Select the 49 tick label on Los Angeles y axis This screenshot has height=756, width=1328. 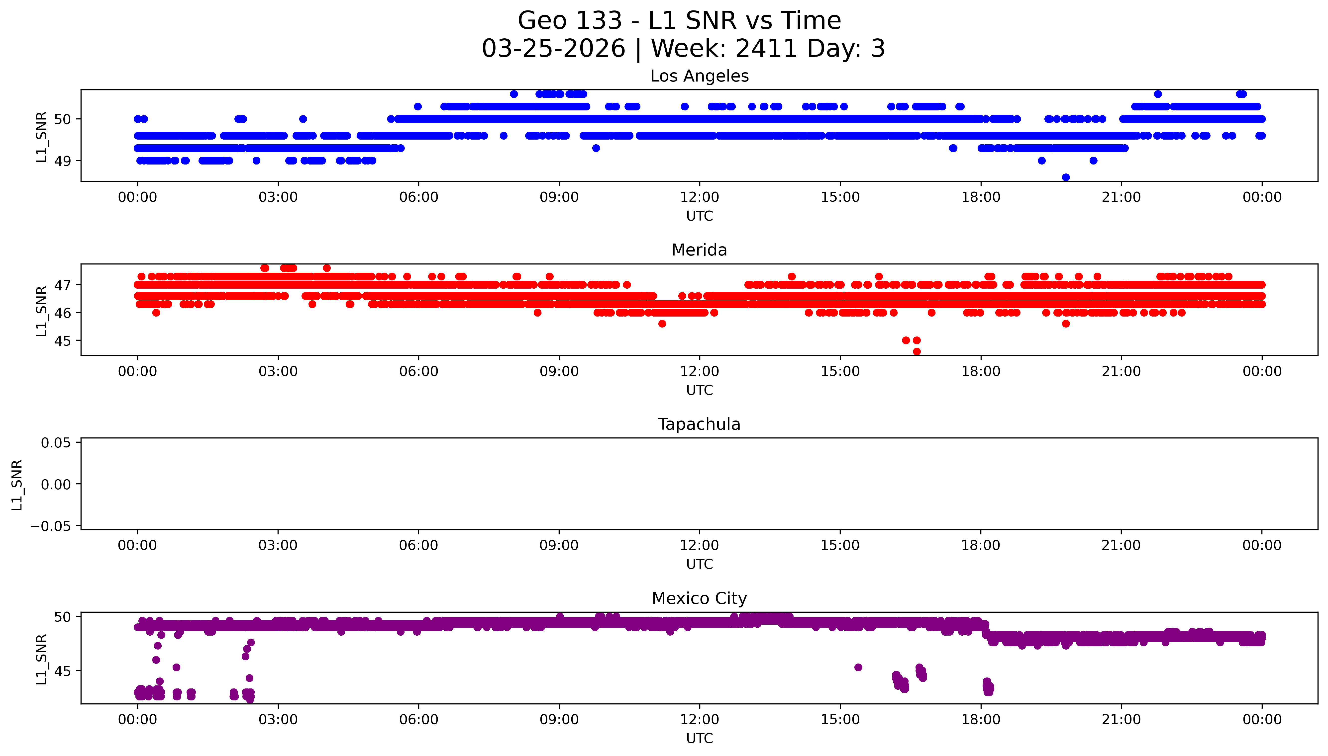tap(63, 161)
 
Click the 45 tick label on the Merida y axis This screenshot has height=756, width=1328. tap(63, 341)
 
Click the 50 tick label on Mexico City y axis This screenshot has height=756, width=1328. tap(63, 617)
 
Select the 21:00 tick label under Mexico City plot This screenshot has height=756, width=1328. tap(1121, 720)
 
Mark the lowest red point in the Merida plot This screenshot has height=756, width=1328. tap(917, 351)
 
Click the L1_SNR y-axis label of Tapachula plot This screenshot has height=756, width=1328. tap(17, 485)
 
